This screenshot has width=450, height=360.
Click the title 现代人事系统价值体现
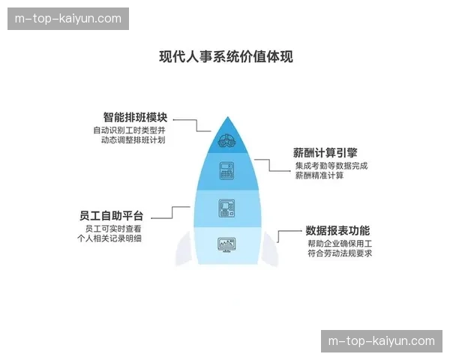tap(226, 57)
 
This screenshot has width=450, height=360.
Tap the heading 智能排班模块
tap(135, 118)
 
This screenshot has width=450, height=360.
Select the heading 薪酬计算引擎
tap(325, 151)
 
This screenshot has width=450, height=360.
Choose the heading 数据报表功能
tap(337, 231)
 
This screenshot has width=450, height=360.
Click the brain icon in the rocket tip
tap(226, 139)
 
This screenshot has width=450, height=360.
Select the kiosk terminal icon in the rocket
tap(226, 208)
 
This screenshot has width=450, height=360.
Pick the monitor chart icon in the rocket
tap(226, 244)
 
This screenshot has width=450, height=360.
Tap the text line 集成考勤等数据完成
tap(331, 165)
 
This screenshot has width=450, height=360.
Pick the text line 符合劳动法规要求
tap(339, 254)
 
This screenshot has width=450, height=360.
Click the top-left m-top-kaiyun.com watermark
tap(69, 19)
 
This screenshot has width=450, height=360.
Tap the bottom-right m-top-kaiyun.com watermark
tap(381, 341)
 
